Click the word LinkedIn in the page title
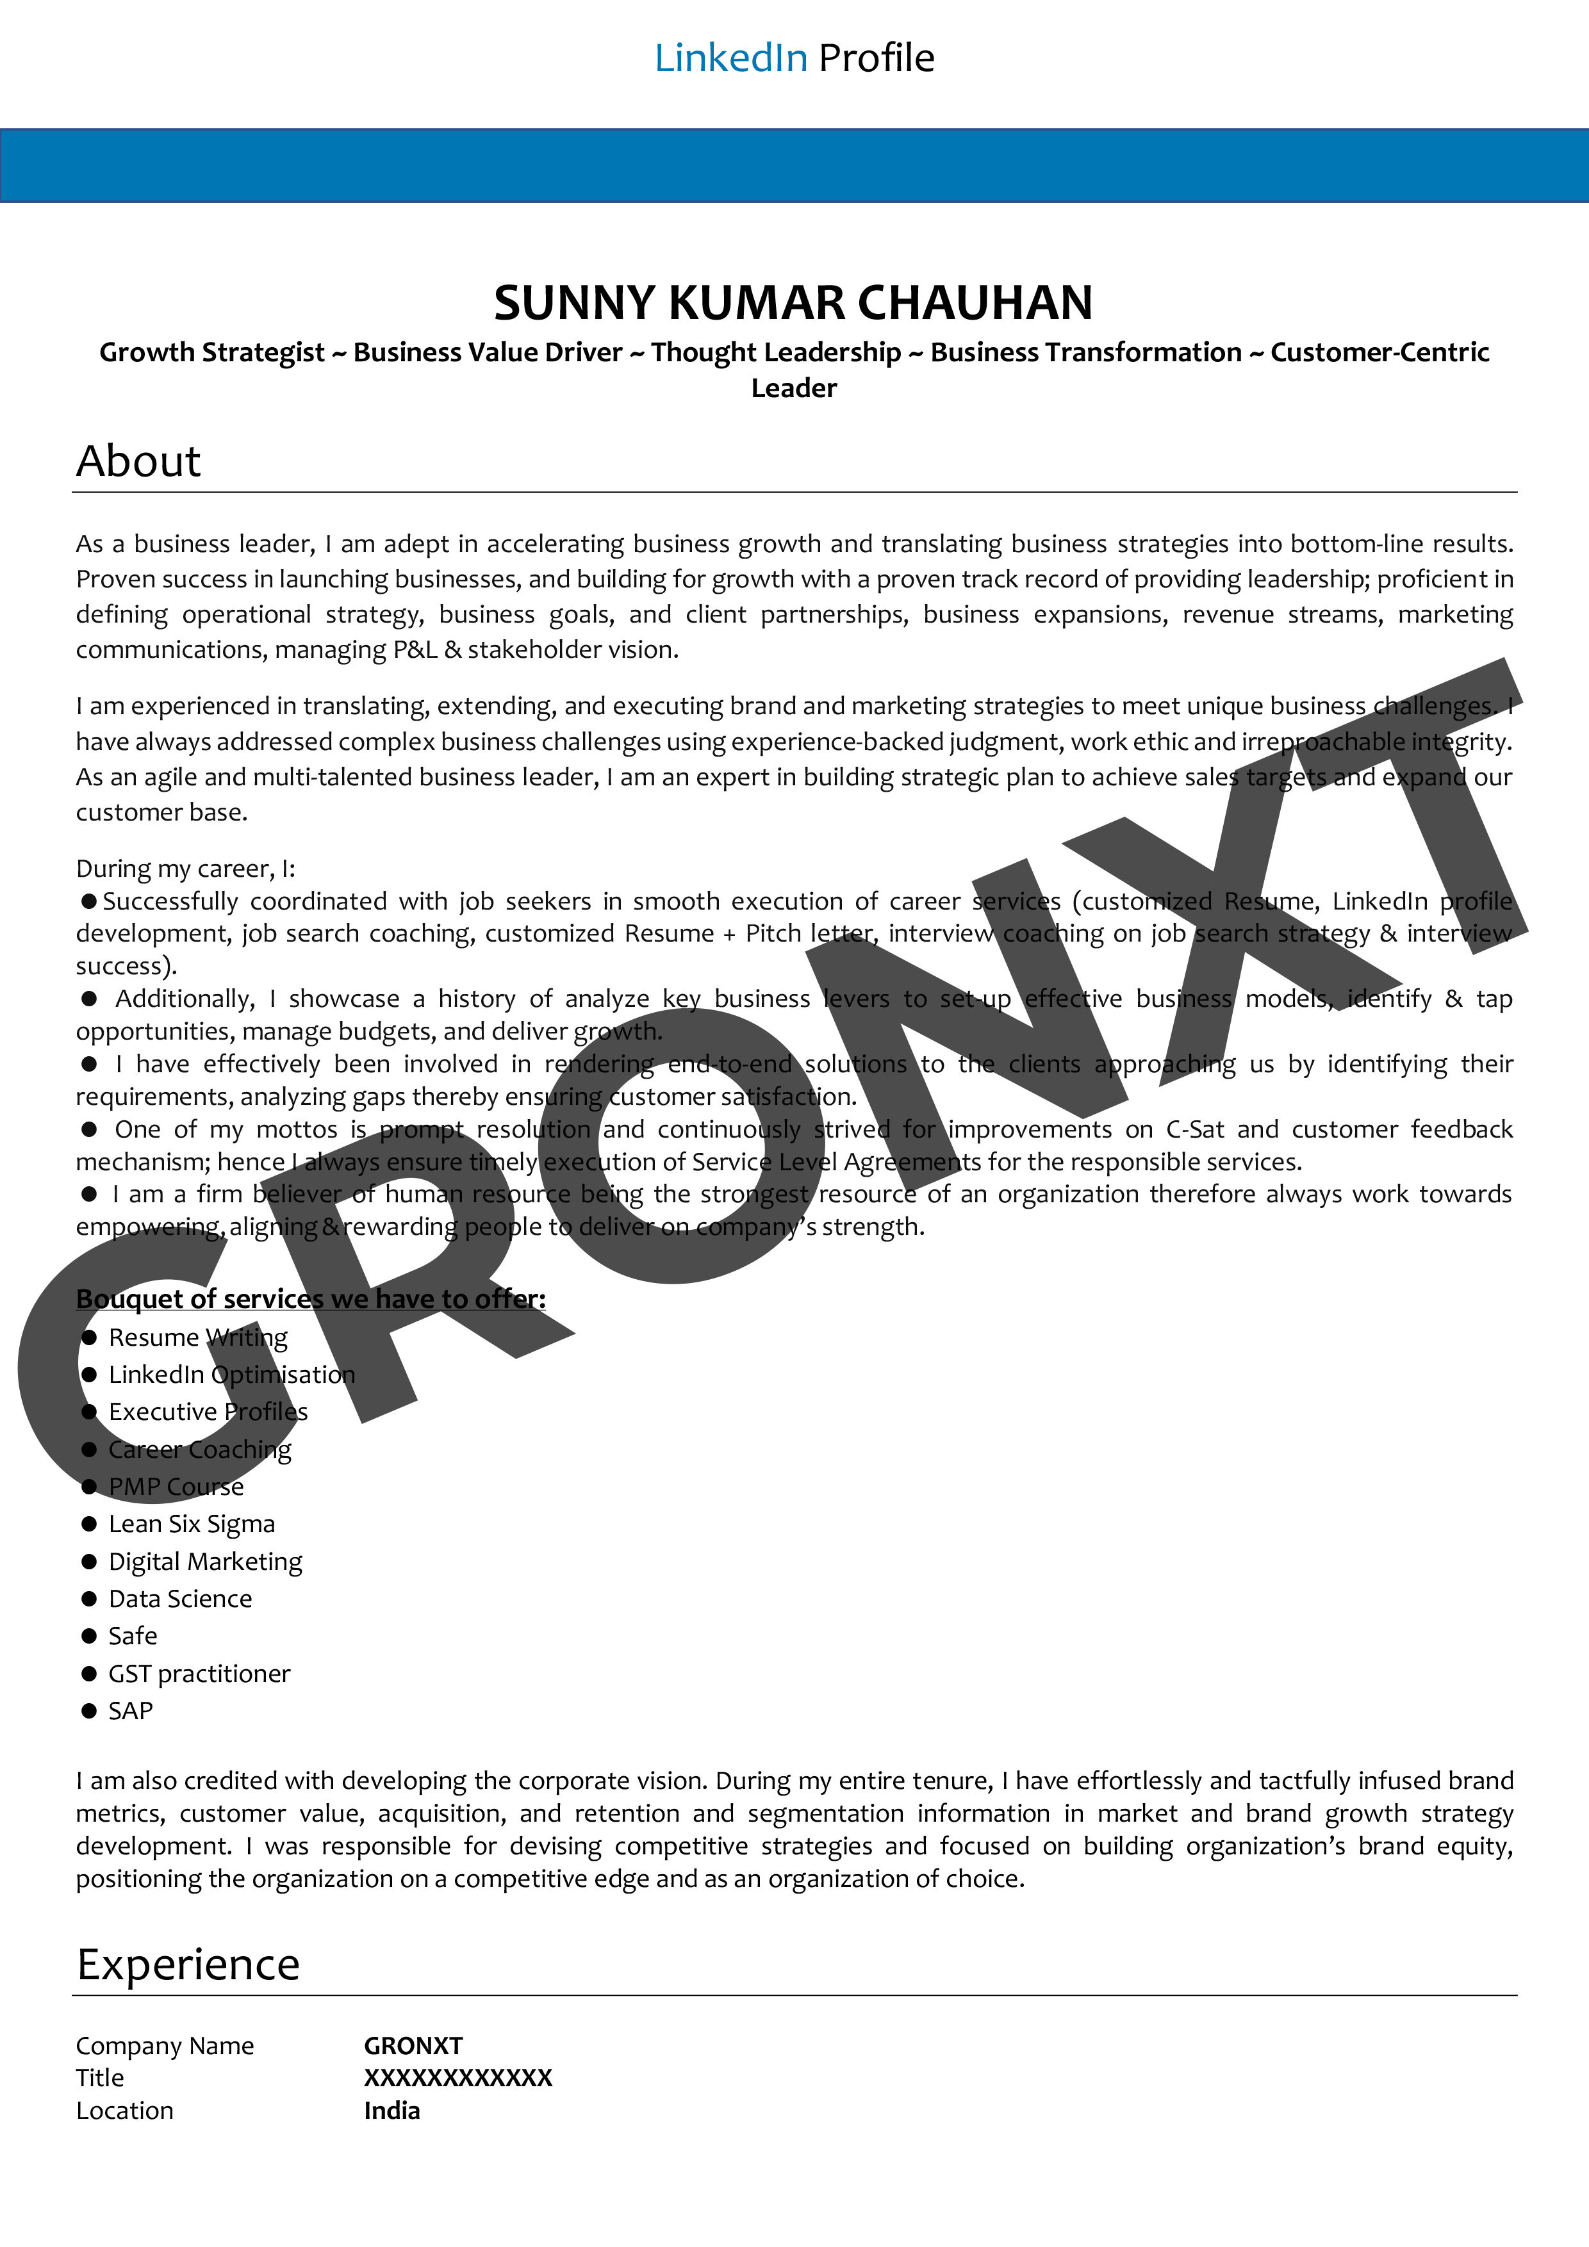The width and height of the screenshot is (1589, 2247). [730, 59]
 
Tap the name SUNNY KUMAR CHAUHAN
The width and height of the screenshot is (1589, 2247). [793, 302]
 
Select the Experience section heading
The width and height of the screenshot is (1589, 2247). [188, 1964]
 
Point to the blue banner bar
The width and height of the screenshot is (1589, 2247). [794, 165]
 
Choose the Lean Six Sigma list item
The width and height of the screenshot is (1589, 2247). [191, 1524]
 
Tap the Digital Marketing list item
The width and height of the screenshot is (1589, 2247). [204, 1561]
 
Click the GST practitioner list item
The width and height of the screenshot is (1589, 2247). [199, 1674]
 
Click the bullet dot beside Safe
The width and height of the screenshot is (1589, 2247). [89, 1637]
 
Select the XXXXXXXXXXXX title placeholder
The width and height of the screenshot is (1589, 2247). [458, 2078]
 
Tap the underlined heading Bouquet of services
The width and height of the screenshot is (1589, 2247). [310, 1298]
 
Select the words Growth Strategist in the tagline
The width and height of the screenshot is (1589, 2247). [211, 352]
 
